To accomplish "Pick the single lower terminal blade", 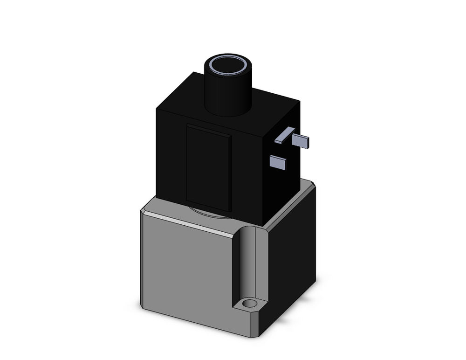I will click(278, 162).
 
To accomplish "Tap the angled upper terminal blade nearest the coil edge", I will click(284, 135).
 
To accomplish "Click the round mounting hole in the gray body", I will click(250, 304).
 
